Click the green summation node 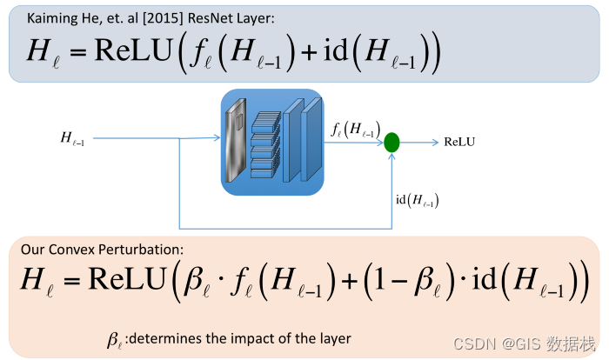tap(391, 141)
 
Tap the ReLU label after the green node tap(459, 141)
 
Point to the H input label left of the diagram tap(72, 137)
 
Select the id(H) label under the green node tap(417, 201)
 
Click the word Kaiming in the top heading tap(48, 18)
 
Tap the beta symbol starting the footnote tap(113, 338)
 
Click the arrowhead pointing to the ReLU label tap(434, 141)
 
